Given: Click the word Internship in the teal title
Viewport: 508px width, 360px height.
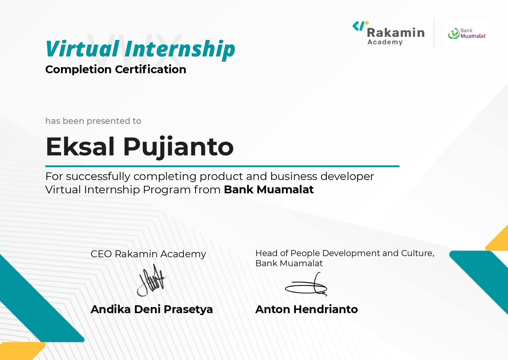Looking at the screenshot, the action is [180, 50].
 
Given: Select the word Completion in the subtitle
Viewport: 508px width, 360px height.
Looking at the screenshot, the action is [78, 70].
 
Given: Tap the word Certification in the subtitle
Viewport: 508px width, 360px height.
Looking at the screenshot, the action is [151, 69].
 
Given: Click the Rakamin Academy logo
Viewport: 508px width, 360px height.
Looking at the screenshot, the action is [388, 33].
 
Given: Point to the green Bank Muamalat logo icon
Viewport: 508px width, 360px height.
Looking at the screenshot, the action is [454, 34].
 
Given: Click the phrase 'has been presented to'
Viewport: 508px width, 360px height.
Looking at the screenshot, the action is [93, 121].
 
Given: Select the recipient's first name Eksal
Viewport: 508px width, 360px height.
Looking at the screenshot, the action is [80, 147].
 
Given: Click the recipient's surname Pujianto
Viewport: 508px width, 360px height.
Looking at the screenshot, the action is [178, 147].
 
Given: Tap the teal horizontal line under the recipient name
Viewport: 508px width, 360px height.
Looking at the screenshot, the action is [222, 166].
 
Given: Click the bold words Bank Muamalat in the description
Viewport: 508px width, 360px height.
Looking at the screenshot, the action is [269, 190].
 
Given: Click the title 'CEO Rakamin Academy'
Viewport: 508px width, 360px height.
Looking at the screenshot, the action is [148, 254].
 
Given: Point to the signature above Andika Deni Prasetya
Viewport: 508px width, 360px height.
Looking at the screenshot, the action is [152, 280].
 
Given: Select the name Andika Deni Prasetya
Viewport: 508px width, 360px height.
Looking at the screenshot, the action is [152, 309].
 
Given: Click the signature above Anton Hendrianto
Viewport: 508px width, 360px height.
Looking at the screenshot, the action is [306, 284].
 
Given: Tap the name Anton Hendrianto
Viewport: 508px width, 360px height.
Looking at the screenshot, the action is [307, 309].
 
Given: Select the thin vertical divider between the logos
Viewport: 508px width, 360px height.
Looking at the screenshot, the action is [434, 33].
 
